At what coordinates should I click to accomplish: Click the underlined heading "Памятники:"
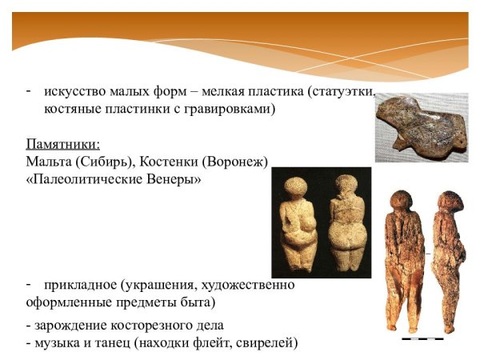(x=63, y=145)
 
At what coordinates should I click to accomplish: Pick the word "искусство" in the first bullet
(x=71, y=92)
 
